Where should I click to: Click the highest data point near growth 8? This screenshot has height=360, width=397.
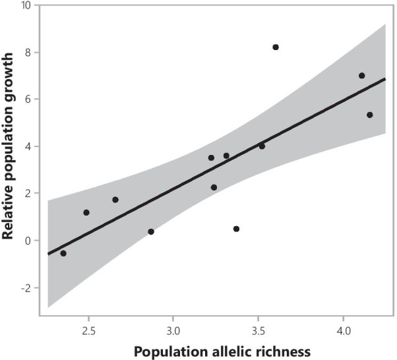[x=276, y=47]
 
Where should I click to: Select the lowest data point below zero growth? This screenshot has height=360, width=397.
[x=63, y=253]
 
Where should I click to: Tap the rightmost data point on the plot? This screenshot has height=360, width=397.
[x=370, y=115]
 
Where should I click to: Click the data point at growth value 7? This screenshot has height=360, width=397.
[x=362, y=76]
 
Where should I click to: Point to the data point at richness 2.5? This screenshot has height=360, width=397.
[x=86, y=212]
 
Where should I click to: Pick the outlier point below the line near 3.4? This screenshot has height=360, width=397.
[x=236, y=229]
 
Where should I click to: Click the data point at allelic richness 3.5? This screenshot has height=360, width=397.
[x=262, y=146]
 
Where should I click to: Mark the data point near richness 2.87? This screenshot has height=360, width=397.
[x=151, y=231]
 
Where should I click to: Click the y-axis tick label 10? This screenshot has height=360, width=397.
[x=26, y=5]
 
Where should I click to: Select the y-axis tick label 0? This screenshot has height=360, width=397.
[x=28, y=241]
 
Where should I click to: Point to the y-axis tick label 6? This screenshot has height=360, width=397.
[x=28, y=100]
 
